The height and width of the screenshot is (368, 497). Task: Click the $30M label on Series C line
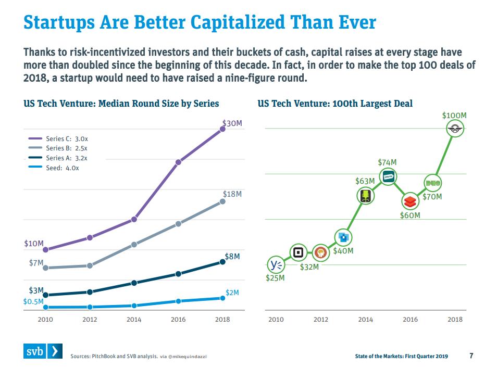tap(231, 123)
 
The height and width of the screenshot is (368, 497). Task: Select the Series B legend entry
tap(66, 148)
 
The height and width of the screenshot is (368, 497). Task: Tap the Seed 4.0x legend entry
tap(61, 168)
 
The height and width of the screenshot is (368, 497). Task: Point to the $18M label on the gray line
tap(232, 194)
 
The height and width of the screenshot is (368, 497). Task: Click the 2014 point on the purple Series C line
tap(134, 219)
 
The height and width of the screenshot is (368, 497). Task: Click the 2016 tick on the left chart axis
tap(178, 319)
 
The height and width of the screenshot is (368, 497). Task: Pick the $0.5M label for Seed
tap(33, 301)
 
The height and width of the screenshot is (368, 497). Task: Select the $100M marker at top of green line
tap(455, 129)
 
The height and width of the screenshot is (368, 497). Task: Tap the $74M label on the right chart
tap(387, 163)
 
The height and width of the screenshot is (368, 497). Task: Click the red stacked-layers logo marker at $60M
tap(410, 201)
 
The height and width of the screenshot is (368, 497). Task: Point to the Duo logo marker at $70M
tap(433, 183)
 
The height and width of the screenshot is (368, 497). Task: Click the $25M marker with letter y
tap(276, 265)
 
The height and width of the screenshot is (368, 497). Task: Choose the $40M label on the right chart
tap(343, 251)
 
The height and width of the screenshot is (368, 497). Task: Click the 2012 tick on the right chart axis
tap(320, 319)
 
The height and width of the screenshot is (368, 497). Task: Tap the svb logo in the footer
tap(44, 352)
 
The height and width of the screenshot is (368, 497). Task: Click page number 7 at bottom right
tap(471, 356)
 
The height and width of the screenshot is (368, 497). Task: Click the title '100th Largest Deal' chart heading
tap(335, 103)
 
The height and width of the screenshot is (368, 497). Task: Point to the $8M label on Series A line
tap(232, 257)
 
